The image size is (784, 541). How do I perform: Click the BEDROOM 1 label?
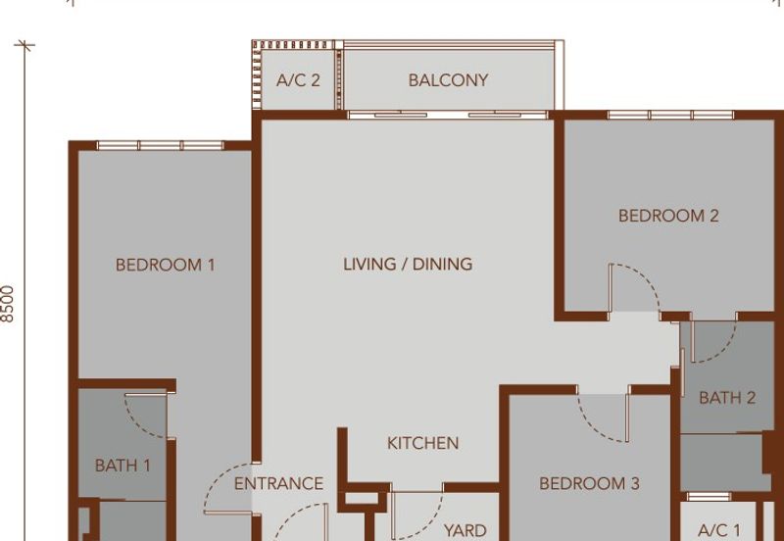pyautogui.click(x=166, y=265)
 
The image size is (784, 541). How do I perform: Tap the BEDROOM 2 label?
pyautogui.click(x=668, y=216)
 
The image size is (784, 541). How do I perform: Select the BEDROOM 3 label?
pyautogui.click(x=590, y=483)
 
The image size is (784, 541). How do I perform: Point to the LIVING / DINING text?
pyautogui.click(x=408, y=264)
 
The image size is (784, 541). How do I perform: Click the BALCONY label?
pyautogui.click(x=448, y=80)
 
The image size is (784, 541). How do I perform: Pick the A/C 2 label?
pyautogui.click(x=298, y=80)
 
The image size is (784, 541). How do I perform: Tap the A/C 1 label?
pyautogui.click(x=719, y=530)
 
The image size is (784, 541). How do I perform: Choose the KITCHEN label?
pyautogui.click(x=423, y=443)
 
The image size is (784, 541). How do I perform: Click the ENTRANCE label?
pyautogui.click(x=278, y=483)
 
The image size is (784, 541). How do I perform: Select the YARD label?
pyautogui.click(x=465, y=530)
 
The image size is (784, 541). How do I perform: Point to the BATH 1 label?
pyautogui.click(x=122, y=466)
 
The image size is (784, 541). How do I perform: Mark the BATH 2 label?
pyautogui.click(x=727, y=398)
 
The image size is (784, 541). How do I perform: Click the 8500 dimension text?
pyautogui.click(x=8, y=304)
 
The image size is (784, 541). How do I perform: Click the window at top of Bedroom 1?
pyautogui.click(x=160, y=145)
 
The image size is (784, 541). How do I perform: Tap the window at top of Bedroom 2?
pyautogui.click(x=670, y=115)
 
